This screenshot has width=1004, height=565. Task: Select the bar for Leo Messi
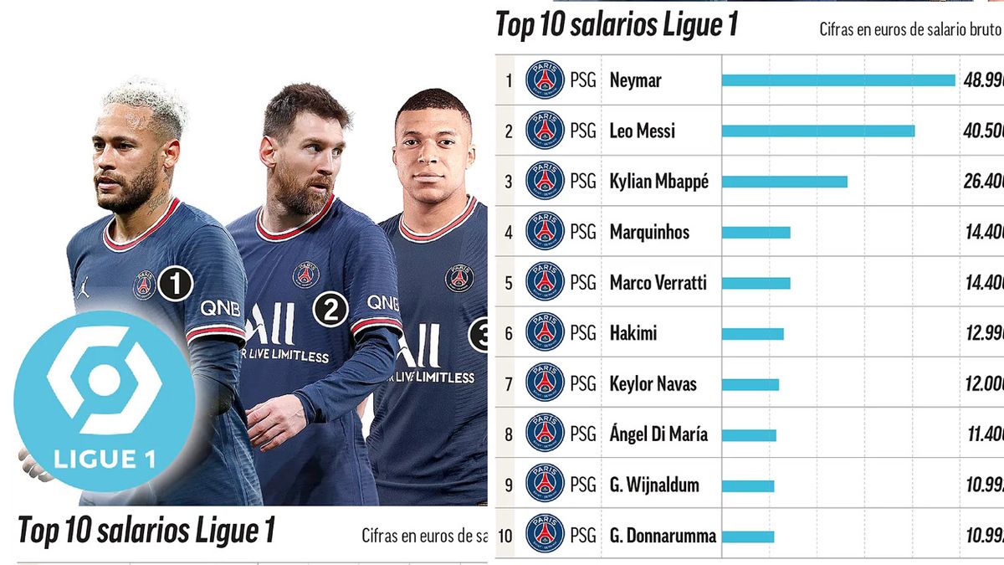coord(817,131)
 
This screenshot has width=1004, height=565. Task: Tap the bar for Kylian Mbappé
coord(784,182)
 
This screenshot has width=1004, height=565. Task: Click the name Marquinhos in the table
coord(649,232)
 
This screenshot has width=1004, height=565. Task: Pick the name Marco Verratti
coord(658,283)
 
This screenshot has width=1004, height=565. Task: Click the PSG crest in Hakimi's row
coord(545,333)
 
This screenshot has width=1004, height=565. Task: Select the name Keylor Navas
coord(653,384)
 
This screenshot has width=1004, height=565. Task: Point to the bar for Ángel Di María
coord(749,435)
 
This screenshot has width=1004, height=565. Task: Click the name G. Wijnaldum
coord(653,485)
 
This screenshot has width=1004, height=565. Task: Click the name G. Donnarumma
coord(663,536)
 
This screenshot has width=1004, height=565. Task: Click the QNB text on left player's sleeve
coord(220,309)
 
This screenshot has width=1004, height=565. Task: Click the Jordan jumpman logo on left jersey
coord(83,289)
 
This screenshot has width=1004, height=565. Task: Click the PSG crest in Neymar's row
coord(545,80)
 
